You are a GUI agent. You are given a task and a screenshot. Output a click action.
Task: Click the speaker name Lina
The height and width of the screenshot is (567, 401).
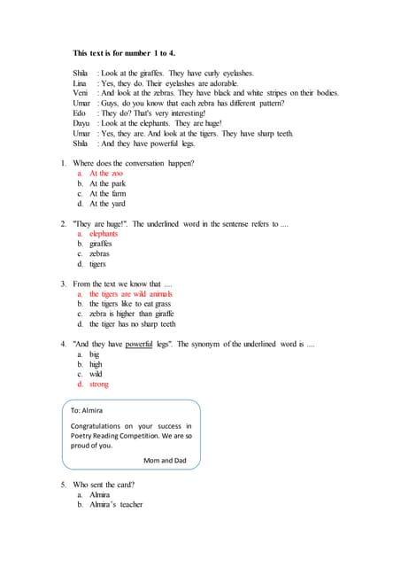click(x=80, y=83)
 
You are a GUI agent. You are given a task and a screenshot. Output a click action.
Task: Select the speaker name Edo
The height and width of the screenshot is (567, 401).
click(x=79, y=113)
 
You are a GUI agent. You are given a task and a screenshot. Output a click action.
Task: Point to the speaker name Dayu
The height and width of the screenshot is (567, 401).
click(x=81, y=123)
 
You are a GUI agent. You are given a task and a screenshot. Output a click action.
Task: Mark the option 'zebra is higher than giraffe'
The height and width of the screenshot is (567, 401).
click(x=131, y=314)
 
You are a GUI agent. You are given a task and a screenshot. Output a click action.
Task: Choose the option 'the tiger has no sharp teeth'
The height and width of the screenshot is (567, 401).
click(x=132, y=324)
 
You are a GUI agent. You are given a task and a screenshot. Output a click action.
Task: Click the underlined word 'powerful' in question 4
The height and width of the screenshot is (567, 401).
click(x=139, y=344)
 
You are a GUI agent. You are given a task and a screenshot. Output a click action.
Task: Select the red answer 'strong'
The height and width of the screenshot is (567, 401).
click(x=99, y=384)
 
